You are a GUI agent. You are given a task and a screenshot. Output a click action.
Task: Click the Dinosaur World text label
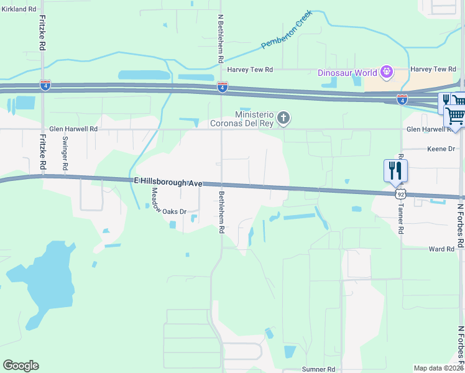(348, 73)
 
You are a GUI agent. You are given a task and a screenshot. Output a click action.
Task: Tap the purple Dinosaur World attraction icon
(387, 72)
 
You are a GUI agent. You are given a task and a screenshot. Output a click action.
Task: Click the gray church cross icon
(283, 117)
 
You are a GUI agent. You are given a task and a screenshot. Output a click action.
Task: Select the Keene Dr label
(442, 149)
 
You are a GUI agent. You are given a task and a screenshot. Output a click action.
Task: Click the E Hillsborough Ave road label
(168, 181)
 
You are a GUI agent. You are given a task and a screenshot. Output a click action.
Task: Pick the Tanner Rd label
(400, 218)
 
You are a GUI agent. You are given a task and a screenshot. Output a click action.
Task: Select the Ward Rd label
(441, 249)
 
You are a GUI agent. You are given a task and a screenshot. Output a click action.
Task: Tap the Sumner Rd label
(318, 369)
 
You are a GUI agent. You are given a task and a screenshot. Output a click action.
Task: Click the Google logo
(21, 366)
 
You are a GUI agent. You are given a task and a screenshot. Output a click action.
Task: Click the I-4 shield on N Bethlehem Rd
(222, 86)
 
